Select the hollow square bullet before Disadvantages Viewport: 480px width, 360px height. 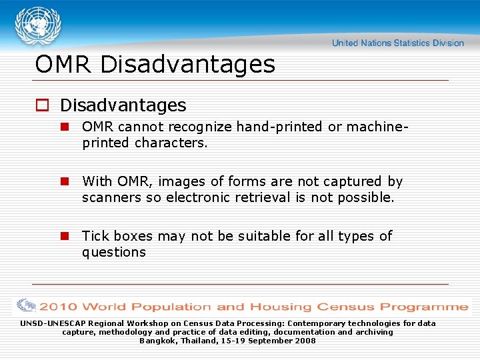pos(43,106)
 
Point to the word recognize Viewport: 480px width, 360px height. pos(198,127)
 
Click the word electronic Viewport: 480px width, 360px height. pos(198,197)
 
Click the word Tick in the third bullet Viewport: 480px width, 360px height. pos(96,236)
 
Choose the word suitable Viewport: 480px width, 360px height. pos(263,236)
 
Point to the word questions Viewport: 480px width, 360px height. pos(114,252)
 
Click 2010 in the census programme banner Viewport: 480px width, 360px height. pos(59,307)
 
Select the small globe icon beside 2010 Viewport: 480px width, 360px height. pos(27,306)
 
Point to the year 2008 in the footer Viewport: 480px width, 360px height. pos(304,341)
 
